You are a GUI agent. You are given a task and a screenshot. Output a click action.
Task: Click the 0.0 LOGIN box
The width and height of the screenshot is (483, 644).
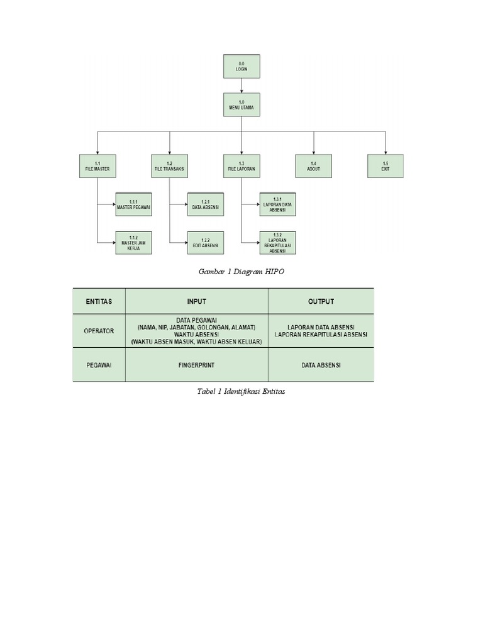point(241,67)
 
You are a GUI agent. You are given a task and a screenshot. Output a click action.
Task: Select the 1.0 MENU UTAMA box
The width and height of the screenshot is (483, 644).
point(241,105)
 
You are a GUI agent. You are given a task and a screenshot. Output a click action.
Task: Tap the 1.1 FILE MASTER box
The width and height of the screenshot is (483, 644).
point(97,166)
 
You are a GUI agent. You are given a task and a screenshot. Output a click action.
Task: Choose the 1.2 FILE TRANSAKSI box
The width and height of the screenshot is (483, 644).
point(169,166)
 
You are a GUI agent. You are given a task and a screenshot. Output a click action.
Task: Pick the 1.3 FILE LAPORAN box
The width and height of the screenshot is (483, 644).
point(241,166)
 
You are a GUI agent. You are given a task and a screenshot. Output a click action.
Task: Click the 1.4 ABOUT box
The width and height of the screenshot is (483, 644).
point(313,166)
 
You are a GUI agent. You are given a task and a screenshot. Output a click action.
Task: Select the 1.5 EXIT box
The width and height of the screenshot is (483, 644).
point(386,166)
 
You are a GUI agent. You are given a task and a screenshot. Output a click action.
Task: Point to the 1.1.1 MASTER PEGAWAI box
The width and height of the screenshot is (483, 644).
point(133,204)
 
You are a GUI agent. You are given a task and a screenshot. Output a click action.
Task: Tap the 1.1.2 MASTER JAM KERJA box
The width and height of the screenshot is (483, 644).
point(133,243)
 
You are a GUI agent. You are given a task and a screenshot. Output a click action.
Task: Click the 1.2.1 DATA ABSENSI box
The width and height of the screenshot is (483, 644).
point(205,204)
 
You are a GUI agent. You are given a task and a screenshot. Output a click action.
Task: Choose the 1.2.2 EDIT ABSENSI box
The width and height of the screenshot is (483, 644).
point(205,243)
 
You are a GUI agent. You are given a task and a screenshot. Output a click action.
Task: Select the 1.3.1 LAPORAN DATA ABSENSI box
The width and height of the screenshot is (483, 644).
point(277,204)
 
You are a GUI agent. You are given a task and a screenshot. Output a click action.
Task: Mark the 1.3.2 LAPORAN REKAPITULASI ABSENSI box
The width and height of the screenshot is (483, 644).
point(277,243)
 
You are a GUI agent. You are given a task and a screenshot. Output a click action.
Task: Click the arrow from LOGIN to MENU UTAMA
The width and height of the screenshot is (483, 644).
point(241,86)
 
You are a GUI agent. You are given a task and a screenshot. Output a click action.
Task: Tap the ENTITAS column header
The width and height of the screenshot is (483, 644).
point(99,301)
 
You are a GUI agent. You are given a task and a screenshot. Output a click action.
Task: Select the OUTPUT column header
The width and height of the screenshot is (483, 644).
point(321,301)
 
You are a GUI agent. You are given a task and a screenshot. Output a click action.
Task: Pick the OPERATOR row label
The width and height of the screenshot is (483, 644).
point(99,331)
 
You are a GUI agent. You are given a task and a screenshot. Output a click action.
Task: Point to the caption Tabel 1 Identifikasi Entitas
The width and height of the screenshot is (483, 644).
point(241,391)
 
